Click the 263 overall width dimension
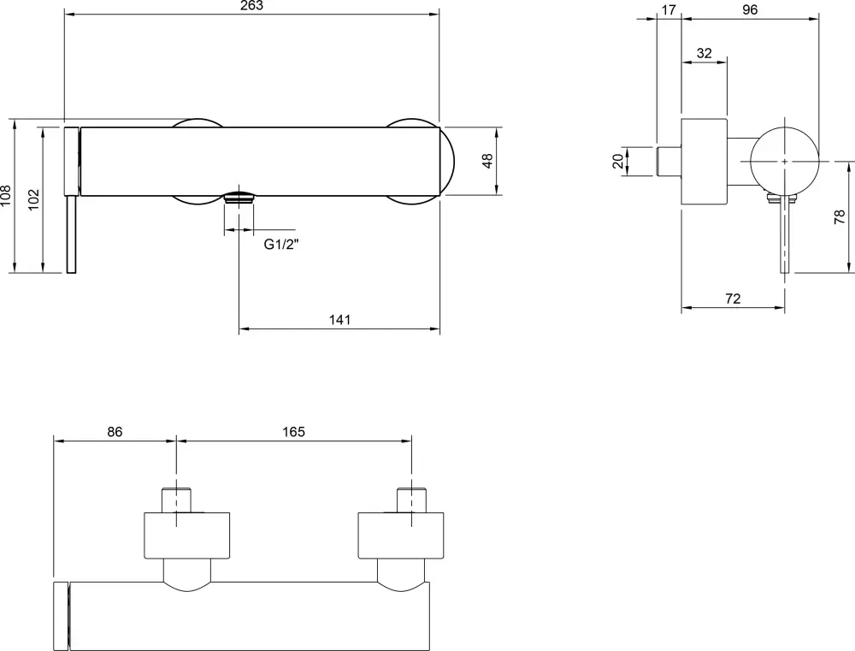(x=251, y=6)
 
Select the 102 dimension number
(x=33, y=198)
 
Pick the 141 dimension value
(x=339, y=320)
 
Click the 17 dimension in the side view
(x=669, y=9)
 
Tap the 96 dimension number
(x=750, y=9)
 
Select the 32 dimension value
(x=705, y=53)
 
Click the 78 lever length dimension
(x=840, y=217)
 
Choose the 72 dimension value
(x=733, y=299)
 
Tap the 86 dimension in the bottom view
(x=115, y=432)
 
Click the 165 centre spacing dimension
(x=293, y=432)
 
